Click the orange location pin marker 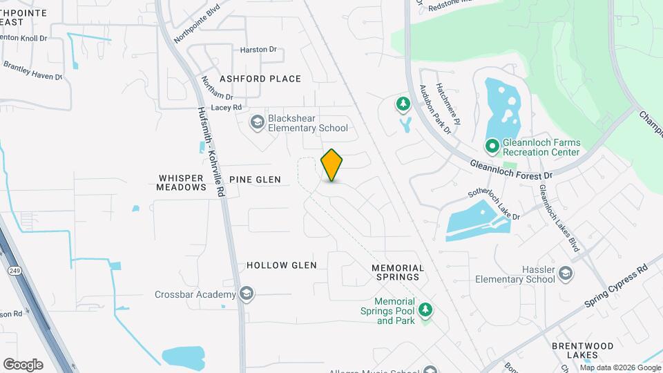pos(332,164)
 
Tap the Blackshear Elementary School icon pos(258,123)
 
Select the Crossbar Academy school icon pos(247,294)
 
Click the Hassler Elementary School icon pos(566,274)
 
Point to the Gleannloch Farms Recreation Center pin pos(492,146)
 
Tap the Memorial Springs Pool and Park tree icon pos(425,311)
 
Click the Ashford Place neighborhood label pos(260,79)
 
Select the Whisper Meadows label pos(181,182)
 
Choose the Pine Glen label pos(255,180)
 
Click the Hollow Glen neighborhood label pos(281,265)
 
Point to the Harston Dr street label pos(258,50)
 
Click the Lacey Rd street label pos(227,108)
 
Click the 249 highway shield pos(15,272)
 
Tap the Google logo pos(23,365)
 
